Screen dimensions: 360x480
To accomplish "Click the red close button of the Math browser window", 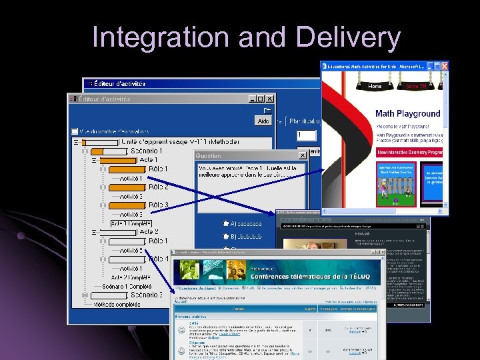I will click(444, 65).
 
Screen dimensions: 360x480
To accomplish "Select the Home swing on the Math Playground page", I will click(374, 86).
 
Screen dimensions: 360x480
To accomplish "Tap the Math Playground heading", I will click(407, 114).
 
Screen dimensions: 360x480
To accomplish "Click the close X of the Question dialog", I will click(302, 155).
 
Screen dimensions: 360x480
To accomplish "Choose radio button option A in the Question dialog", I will click(227, 224).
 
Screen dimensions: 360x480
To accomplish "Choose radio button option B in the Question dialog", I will click(227, 235).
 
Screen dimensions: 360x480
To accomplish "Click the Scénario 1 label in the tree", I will click(145, 151).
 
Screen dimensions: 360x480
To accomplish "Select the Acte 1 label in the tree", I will click(149, 160).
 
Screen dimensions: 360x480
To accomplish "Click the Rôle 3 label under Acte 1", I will click(158, 205).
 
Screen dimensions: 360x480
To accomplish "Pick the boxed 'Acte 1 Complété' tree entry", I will click(131, 223).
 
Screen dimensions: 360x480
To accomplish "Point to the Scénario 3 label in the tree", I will click(146, 295).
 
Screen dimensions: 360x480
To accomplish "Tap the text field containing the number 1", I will click(307, 135).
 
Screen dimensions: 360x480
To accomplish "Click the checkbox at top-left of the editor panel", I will click(75, 132).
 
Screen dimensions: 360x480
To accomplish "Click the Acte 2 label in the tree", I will click(149, 232).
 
